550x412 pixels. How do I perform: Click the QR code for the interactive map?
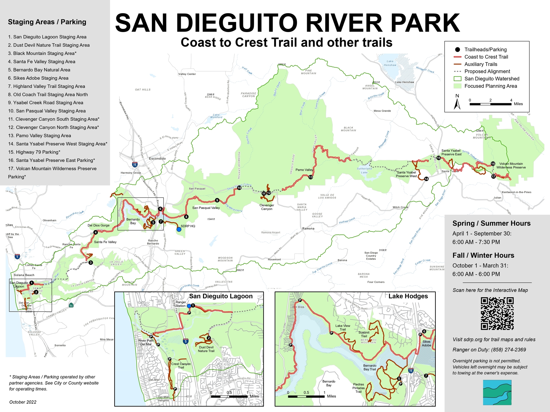497,314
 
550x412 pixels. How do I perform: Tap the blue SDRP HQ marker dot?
179,229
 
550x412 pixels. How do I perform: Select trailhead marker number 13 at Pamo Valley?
311,177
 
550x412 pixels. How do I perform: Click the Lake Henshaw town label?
404,82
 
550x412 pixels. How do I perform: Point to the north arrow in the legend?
457,102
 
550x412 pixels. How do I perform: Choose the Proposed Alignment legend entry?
487,72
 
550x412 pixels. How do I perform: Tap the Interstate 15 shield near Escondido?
135,165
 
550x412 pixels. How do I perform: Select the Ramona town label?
308,229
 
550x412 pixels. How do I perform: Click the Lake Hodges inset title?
408,296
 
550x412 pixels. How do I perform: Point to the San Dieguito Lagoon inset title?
221,296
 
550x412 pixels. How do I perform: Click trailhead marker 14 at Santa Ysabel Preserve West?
426,179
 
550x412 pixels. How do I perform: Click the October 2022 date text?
23,402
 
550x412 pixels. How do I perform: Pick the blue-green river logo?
497,392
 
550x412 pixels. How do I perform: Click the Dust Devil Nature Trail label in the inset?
206,349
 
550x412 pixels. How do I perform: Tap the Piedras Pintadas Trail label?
358,388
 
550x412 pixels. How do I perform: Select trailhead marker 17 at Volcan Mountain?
493,177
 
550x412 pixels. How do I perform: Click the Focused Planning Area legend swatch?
457,86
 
